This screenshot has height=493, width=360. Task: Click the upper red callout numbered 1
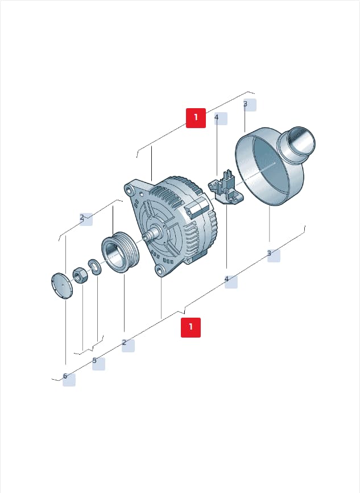pos(196,118)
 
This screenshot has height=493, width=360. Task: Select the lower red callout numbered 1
pos(191,327)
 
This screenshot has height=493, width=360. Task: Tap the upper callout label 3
pos(250,105)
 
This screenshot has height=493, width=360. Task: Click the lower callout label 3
pos(274,255)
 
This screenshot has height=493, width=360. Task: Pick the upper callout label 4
pos(221,118)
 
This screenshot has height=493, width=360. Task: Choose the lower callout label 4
pos(231,282)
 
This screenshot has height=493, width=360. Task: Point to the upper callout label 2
pos(86,219)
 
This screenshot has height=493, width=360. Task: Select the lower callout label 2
pos(128,346)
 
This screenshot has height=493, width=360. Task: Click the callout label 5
pos(98,364)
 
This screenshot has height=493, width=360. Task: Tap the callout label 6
pos(69,380)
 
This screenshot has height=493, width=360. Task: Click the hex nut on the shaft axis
pos(80,275)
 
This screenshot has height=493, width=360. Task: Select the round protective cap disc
pos(61,285)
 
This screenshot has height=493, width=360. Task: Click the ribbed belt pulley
pos(119,252)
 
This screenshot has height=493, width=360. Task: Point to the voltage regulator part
pos(226,188)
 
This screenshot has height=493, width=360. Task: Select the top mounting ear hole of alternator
pos(129,190)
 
